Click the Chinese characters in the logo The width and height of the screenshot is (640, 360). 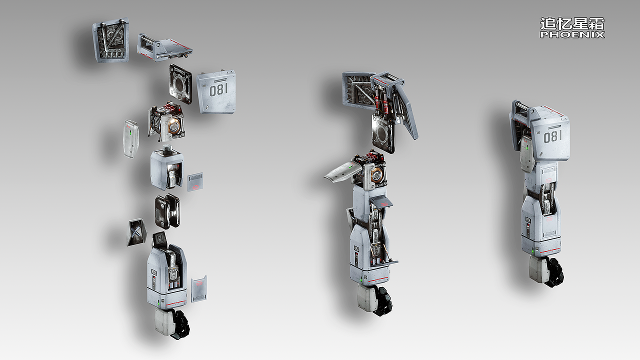click(x=572, y=24)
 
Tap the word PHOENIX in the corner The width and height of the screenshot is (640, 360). click(x=572, y=35)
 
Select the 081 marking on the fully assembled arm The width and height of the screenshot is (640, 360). click(x=552, y=136)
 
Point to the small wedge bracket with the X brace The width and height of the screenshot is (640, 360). click(x=136, y=232)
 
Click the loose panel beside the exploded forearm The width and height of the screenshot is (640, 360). click(x=199, y=289)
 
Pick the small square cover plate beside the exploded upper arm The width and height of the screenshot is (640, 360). click(x=195, y=182)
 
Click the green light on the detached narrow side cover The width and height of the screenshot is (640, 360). click(x=130, y=133)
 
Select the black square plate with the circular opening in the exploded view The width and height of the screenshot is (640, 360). click(x=180, y=83)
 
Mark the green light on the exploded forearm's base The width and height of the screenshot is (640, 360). click(x=159, y=302)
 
